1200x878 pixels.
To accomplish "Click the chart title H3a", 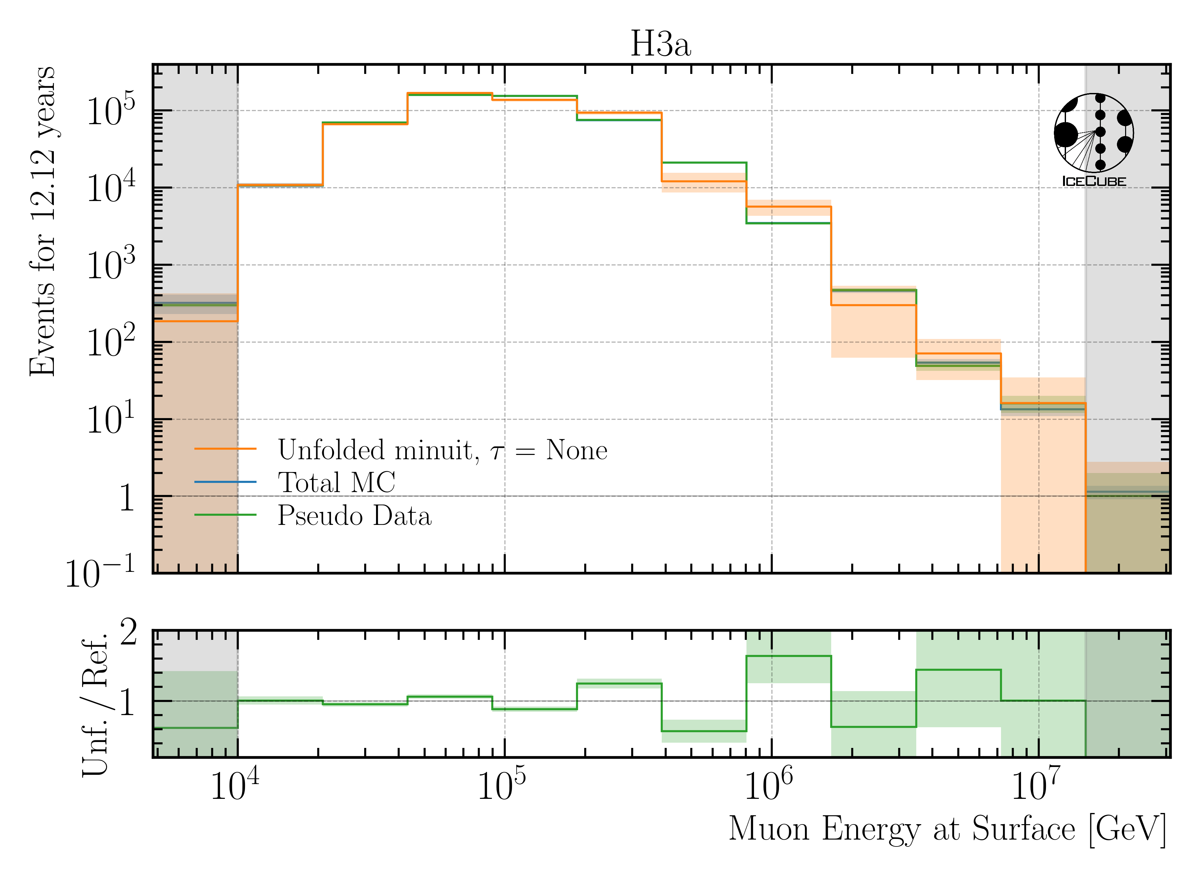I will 660,44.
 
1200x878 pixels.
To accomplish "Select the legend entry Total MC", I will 336,483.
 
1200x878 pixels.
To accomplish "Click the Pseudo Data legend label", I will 354,515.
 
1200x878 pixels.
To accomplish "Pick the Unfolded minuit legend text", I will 442,450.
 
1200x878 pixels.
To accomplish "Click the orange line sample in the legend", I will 225,449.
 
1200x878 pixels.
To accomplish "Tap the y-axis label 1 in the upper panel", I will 126,498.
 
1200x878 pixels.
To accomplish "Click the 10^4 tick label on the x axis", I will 235,785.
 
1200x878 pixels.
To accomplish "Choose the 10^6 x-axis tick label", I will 768,785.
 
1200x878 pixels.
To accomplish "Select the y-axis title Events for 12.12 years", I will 42,220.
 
